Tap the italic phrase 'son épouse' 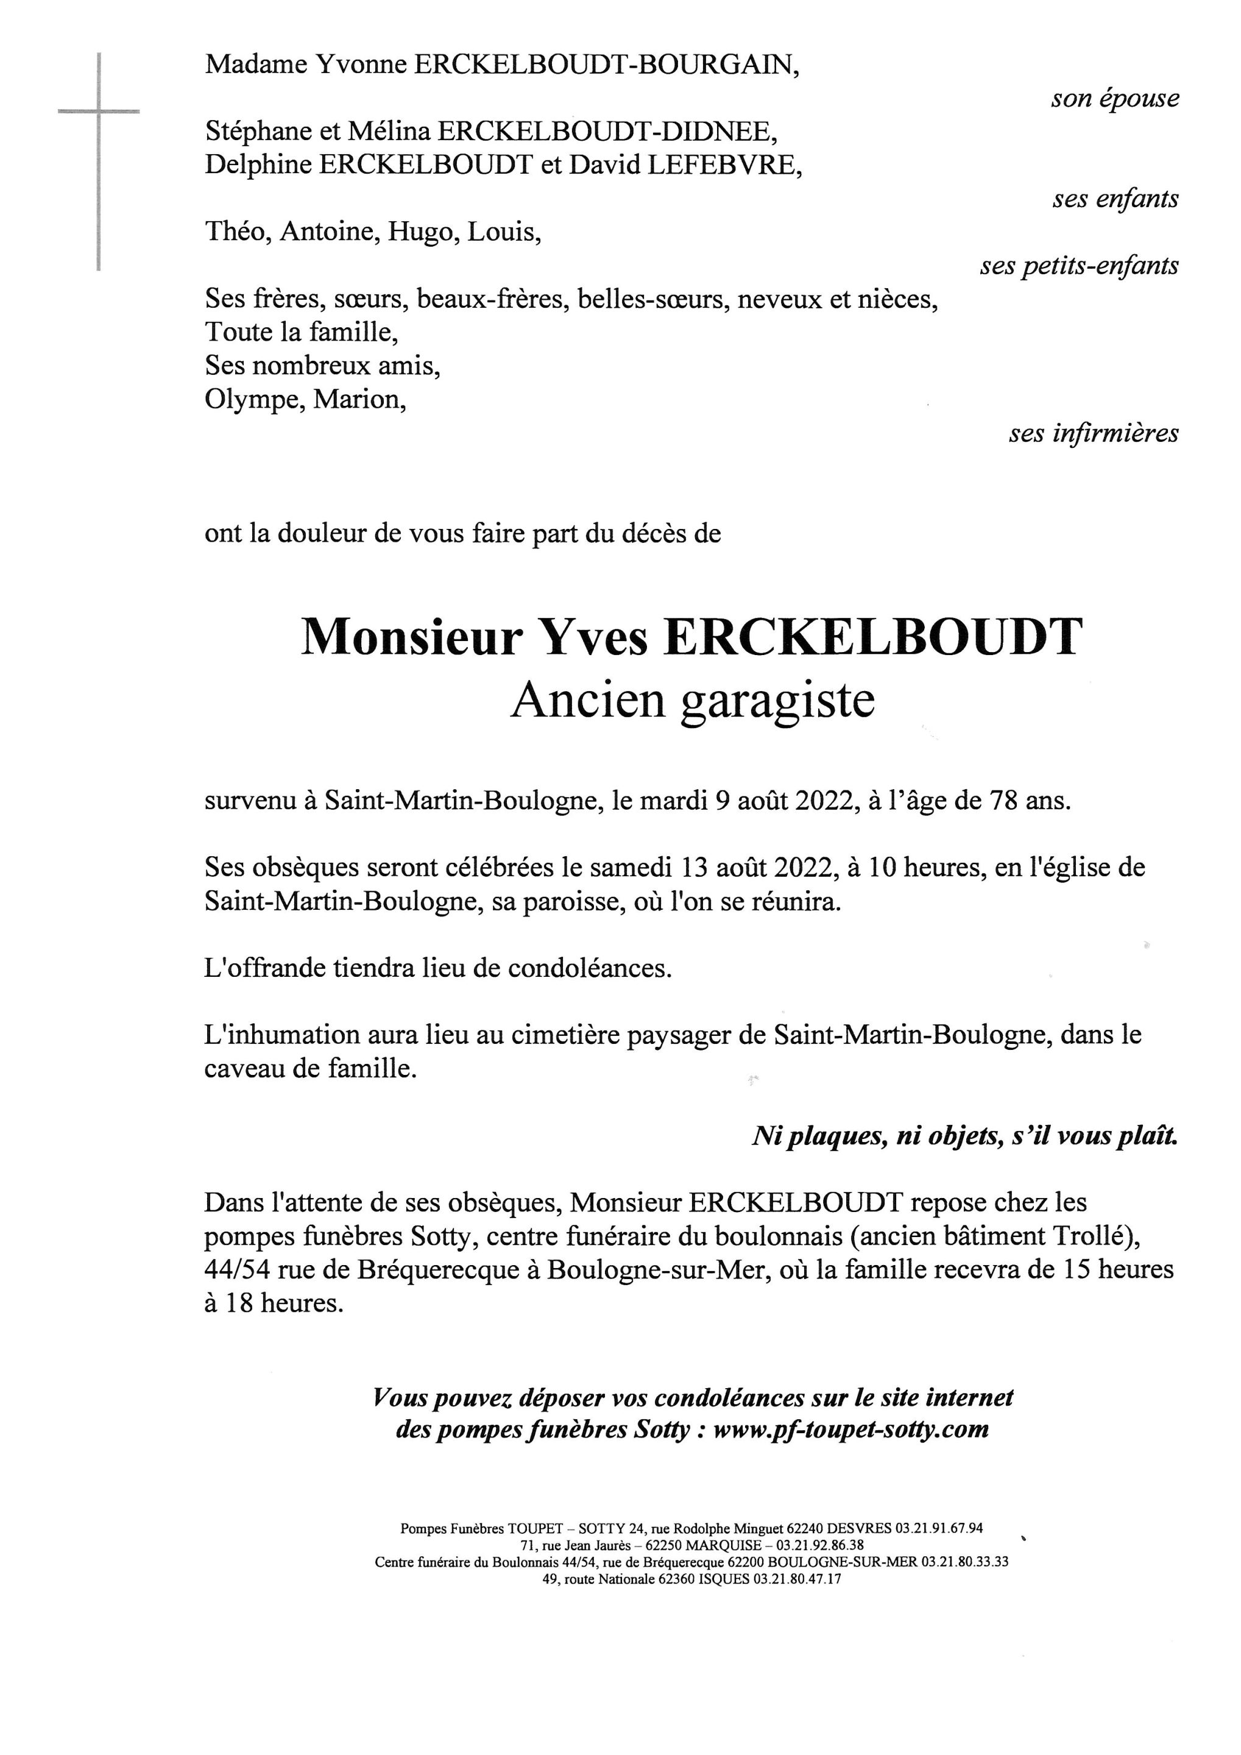click(x=1114, y=99)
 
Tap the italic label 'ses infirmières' click(x=1093, y=433)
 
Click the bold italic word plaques click(x=836, y=1136)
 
